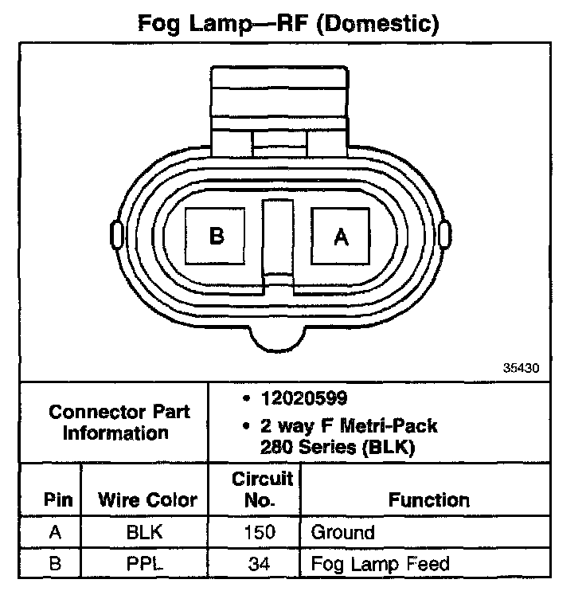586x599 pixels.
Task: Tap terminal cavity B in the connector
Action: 216,237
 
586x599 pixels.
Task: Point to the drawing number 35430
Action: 522,369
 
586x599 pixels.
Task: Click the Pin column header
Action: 59,500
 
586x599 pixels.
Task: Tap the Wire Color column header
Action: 146,500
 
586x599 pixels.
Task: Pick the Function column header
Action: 428,500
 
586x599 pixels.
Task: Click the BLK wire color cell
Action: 145,533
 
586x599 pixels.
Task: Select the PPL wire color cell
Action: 145,565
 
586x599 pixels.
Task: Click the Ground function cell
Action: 342,533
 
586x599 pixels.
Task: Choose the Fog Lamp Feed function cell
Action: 380,565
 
